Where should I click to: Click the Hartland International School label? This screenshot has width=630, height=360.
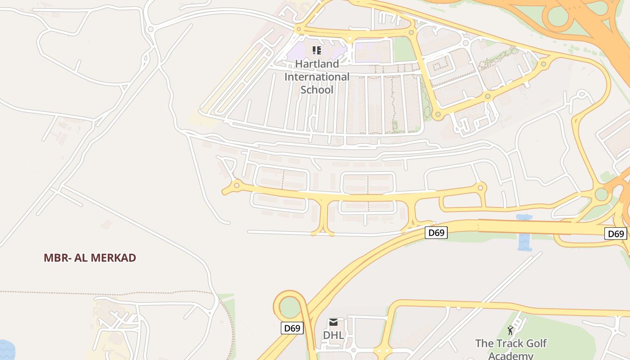pyautogui.click(x=317, y=77)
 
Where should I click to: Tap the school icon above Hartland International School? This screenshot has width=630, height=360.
pyautogui.click(x=317, y=50)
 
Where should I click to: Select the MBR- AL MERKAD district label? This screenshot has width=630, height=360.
pyautogui.click(x=90, y=258)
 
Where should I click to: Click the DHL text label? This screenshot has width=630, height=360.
pyautogui.click(x=333, y=335)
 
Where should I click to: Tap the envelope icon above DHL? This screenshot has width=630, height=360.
pyautogui.click(x=333, y=322)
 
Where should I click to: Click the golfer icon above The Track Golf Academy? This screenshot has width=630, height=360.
pyautogui.click(x=510, y=331)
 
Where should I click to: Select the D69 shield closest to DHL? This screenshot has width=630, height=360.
pyautogui.click(x=292, y=328)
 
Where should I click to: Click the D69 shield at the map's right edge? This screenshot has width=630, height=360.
pyautogui.click(x=616, y=234)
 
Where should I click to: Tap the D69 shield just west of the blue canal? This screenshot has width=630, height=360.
pyautogui.click(x=436, y=233)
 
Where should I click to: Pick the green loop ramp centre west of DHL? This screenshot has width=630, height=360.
pyautogui.click(x=290, y=307)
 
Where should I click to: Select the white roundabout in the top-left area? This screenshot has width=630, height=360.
pyautogui.click(x=150, y=29)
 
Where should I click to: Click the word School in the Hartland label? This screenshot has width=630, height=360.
pyautogui.click(x=317, y=90)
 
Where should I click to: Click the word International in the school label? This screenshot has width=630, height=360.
pyautogui.click(x=317, y=77)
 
